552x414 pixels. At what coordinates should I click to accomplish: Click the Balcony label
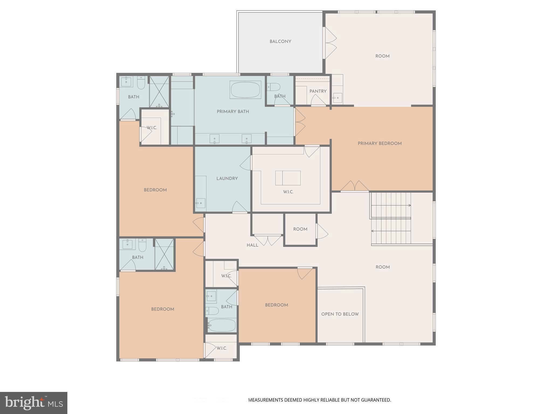(280, 42)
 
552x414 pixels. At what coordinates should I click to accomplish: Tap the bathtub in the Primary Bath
(246, 90)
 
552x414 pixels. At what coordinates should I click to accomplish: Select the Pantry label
(318, 91)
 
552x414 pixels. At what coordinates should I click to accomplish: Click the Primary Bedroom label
(379, 143)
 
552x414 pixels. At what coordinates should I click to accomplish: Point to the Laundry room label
(227, 178)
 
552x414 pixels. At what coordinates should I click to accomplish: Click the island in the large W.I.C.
(288, 178)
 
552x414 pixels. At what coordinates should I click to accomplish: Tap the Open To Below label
(340, 314)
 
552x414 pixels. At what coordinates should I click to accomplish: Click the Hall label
(252, 245)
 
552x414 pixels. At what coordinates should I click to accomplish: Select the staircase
(391, 218)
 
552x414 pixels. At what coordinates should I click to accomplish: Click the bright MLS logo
(34, 403)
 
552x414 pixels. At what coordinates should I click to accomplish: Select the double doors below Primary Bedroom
(354, 186)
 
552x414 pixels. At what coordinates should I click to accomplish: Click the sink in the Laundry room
(201, 203)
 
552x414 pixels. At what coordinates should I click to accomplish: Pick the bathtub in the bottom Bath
(222, 325)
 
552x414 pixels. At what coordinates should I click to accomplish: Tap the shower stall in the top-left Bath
(159, 92)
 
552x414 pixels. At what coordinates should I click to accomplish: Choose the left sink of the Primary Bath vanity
(215, 139)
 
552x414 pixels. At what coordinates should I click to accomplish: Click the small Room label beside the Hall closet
(300, 229)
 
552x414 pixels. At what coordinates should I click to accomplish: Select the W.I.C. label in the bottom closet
(222, 348)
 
